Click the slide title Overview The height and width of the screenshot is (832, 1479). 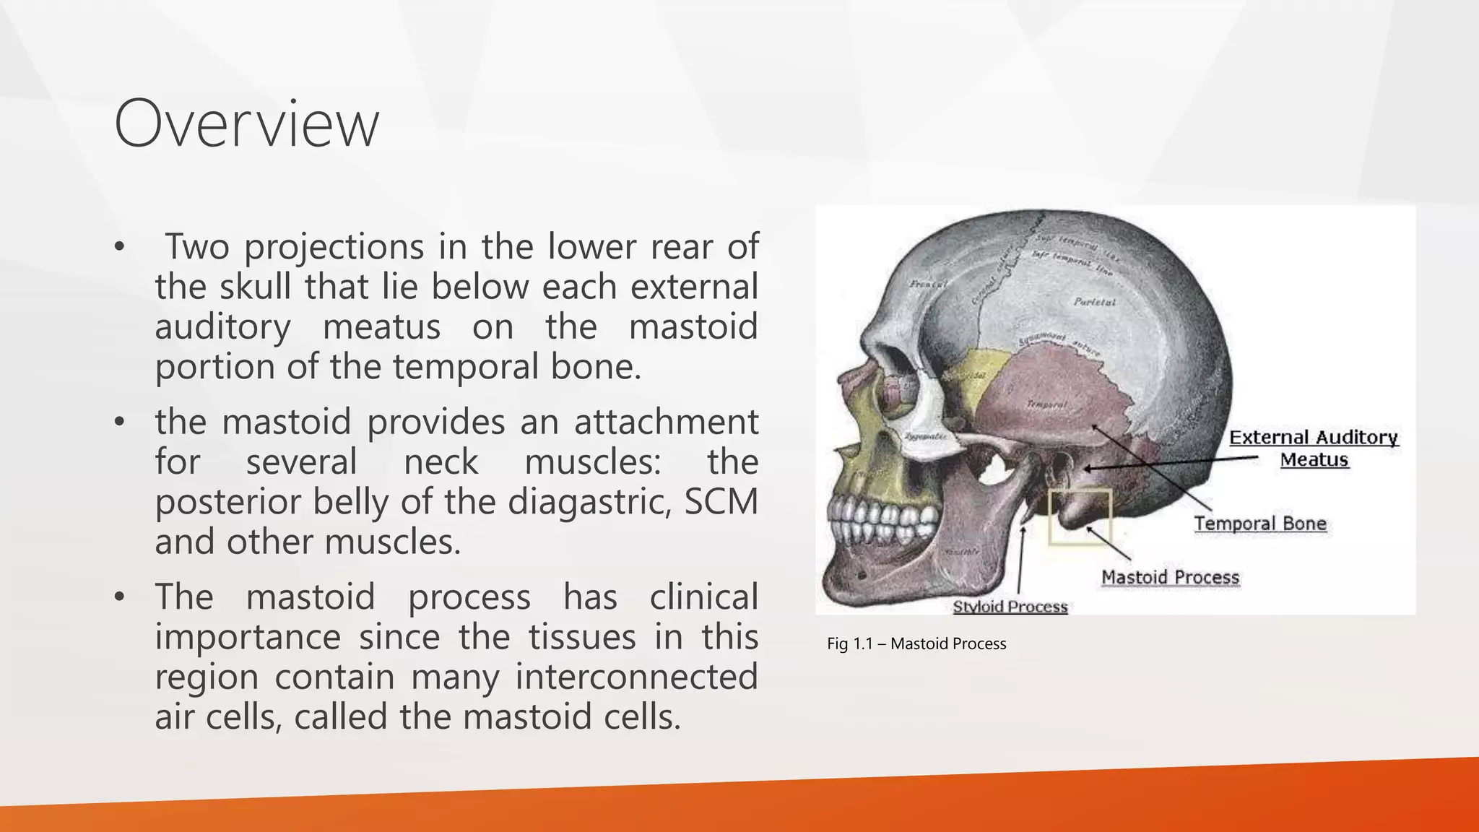point(246,124)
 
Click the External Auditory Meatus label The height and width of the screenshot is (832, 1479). point(1314,448)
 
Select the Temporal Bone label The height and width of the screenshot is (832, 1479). point(1259,523)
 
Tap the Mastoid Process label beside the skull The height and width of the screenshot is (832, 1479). point(1170,577)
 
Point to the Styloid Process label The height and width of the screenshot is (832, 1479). point(1010,607)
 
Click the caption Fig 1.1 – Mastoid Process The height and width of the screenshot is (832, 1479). point(916,643)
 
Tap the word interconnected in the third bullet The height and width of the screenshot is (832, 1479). point(636,677)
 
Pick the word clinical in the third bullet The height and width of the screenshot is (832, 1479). point(703,597)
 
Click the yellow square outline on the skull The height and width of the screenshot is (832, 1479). point(1080,517)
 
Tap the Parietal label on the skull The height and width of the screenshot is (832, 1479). point(1094,302)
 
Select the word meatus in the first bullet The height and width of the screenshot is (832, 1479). point(381,326)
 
